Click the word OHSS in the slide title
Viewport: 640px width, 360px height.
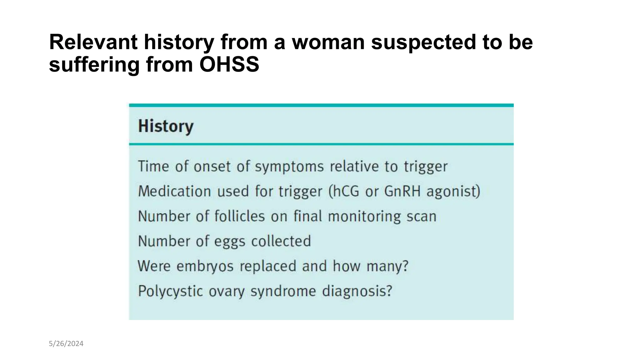tap(229, 64)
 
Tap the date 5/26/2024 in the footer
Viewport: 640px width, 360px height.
tap(66, 344)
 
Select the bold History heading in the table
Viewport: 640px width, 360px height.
tap(166, 126)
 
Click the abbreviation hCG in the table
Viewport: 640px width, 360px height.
tap(347, 191)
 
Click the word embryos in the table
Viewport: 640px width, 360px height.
tap(205, 266)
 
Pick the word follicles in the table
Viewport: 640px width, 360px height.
tap(240, 216)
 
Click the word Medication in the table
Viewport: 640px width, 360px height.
tap(174, 191)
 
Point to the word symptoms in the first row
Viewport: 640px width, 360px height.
tap(289, 167)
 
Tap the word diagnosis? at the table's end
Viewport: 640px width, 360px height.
tap(357, 291)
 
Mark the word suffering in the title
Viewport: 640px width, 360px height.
tap(94, 64)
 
